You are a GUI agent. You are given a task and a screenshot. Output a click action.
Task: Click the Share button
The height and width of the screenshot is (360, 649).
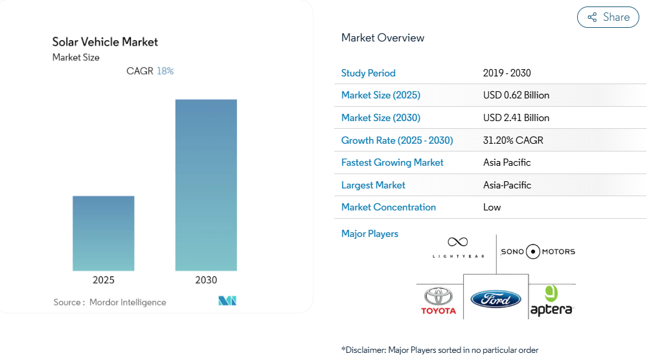(x=608, y=17)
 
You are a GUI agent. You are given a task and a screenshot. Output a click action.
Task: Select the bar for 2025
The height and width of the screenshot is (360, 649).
(x=104, y=233)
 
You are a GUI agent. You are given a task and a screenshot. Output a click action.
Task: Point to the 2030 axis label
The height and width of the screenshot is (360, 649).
(x=206, y=280)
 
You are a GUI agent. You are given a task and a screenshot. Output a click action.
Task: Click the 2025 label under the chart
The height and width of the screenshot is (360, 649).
(x=104, y=280)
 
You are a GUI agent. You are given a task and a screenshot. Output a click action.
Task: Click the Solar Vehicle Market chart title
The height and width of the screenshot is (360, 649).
(x=105, y=42)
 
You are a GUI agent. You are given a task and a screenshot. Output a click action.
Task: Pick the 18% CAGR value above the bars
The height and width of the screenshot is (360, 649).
(x=165, y=71)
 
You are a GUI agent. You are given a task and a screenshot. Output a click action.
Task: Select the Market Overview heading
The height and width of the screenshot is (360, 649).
(x=383, y=38)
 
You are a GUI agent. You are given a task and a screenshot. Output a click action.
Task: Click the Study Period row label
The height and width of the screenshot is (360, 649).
(x=368, y=73)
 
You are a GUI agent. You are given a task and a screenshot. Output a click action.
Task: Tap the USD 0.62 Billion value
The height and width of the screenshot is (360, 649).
(x=516, y=95)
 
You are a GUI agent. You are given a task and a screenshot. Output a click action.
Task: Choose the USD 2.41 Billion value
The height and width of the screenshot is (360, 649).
(x=516, y=118)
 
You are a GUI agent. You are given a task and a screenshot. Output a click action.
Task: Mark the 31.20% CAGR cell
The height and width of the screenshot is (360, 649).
(x=513, y=141)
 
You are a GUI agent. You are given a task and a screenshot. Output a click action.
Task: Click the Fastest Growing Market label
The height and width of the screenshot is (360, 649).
(x=392, y=163)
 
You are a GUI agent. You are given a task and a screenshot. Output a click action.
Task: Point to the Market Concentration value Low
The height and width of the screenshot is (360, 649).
(x=492, y=207)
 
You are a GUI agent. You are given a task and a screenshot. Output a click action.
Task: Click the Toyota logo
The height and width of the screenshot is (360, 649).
(x=439, y=301)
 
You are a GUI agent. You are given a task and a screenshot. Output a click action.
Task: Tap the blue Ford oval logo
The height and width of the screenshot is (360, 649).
(x=495, y=299)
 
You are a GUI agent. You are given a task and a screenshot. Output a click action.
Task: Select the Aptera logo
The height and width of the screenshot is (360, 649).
(x=551, y=301)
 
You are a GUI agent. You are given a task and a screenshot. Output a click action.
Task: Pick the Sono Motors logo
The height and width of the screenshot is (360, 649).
(x=538, y=251)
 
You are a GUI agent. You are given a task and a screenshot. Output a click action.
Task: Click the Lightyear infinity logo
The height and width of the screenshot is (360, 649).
(x=458, y=247)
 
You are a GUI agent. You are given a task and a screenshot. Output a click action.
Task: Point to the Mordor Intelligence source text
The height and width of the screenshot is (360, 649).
(x=128, y=302)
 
